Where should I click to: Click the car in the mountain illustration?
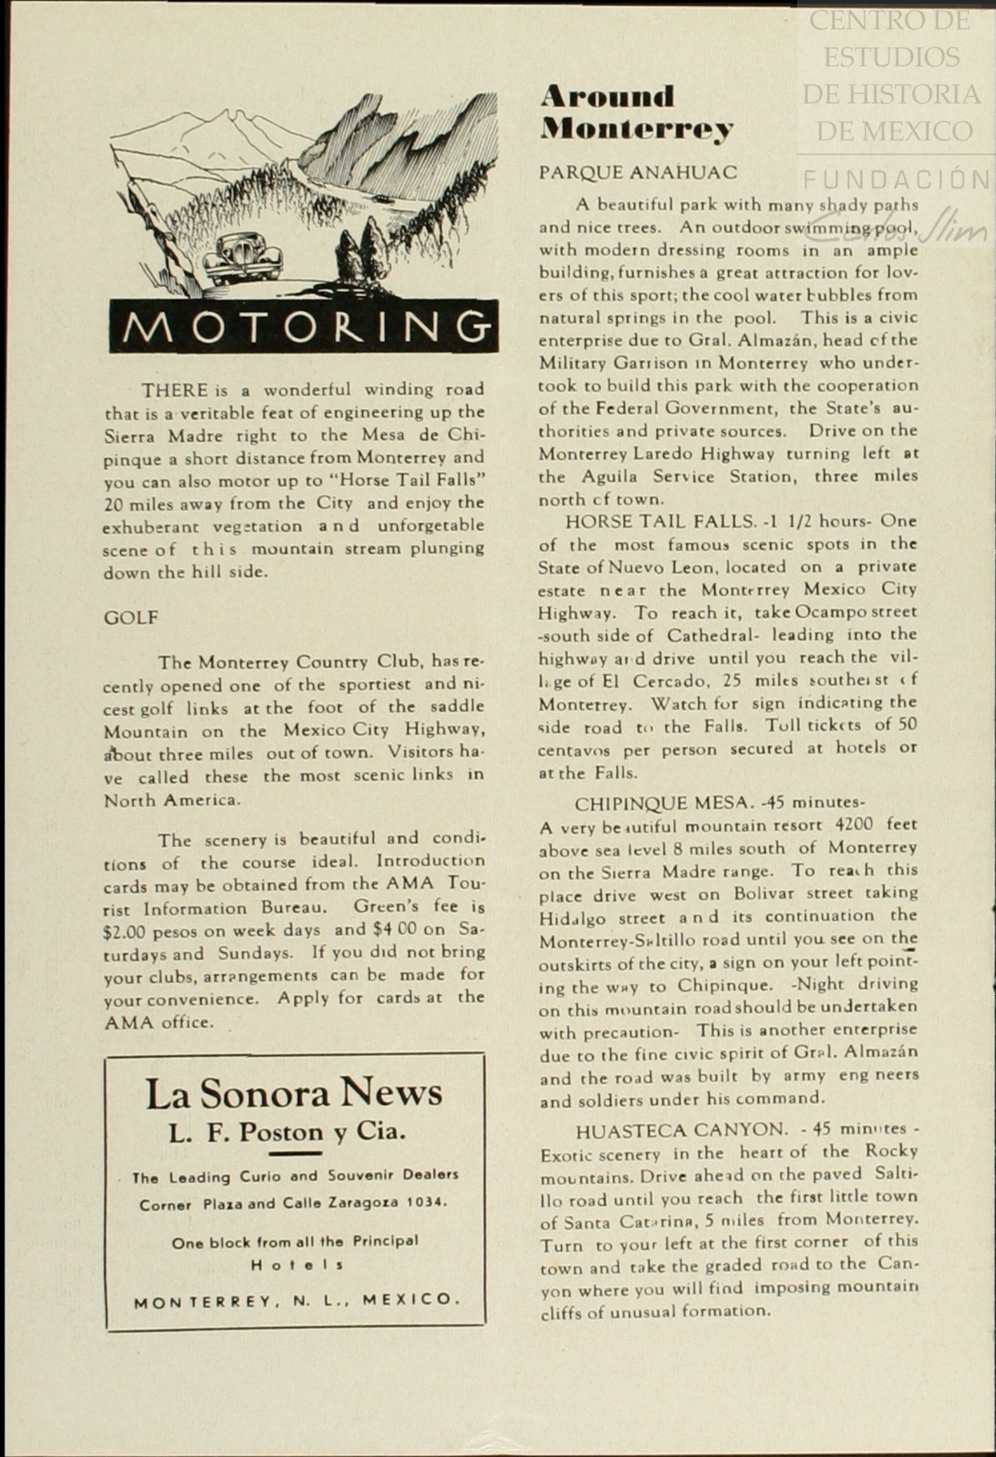click(x=236, y=260)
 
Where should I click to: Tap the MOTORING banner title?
click(x=303, y=326)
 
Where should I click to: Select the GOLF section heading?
click(x=132, y=618)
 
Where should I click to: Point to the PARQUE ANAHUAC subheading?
click(x=638, y=173)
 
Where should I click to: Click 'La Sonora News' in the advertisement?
click(x=294, y=1094)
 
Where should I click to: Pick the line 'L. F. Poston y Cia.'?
click(x=288, y=1133)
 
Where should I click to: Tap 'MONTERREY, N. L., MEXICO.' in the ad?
click(x=295, y=1300)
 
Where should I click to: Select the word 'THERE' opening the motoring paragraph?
click(x=174, y=390)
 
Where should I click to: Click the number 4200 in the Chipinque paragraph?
click(x=853, y=824)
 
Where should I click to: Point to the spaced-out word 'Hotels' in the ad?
click(x=296, y=1264)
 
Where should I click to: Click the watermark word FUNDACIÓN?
click(x=897, y=180)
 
